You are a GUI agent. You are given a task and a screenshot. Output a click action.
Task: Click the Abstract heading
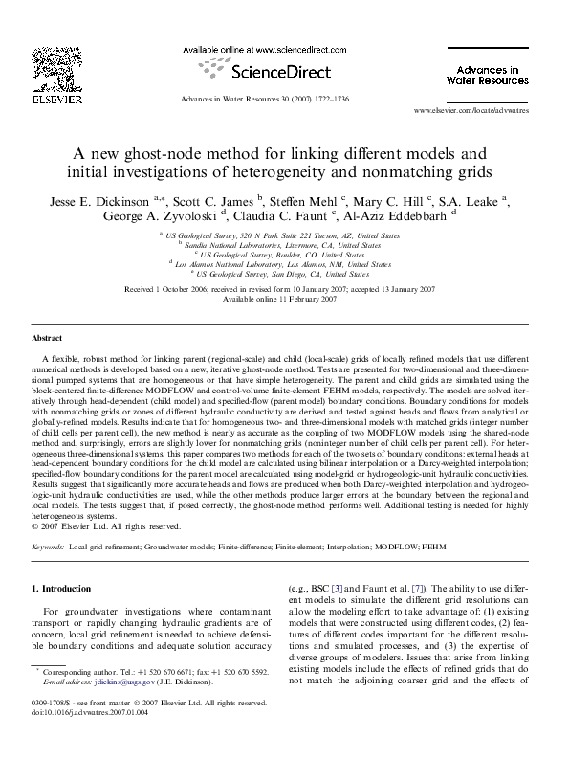(x=47, y=339)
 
